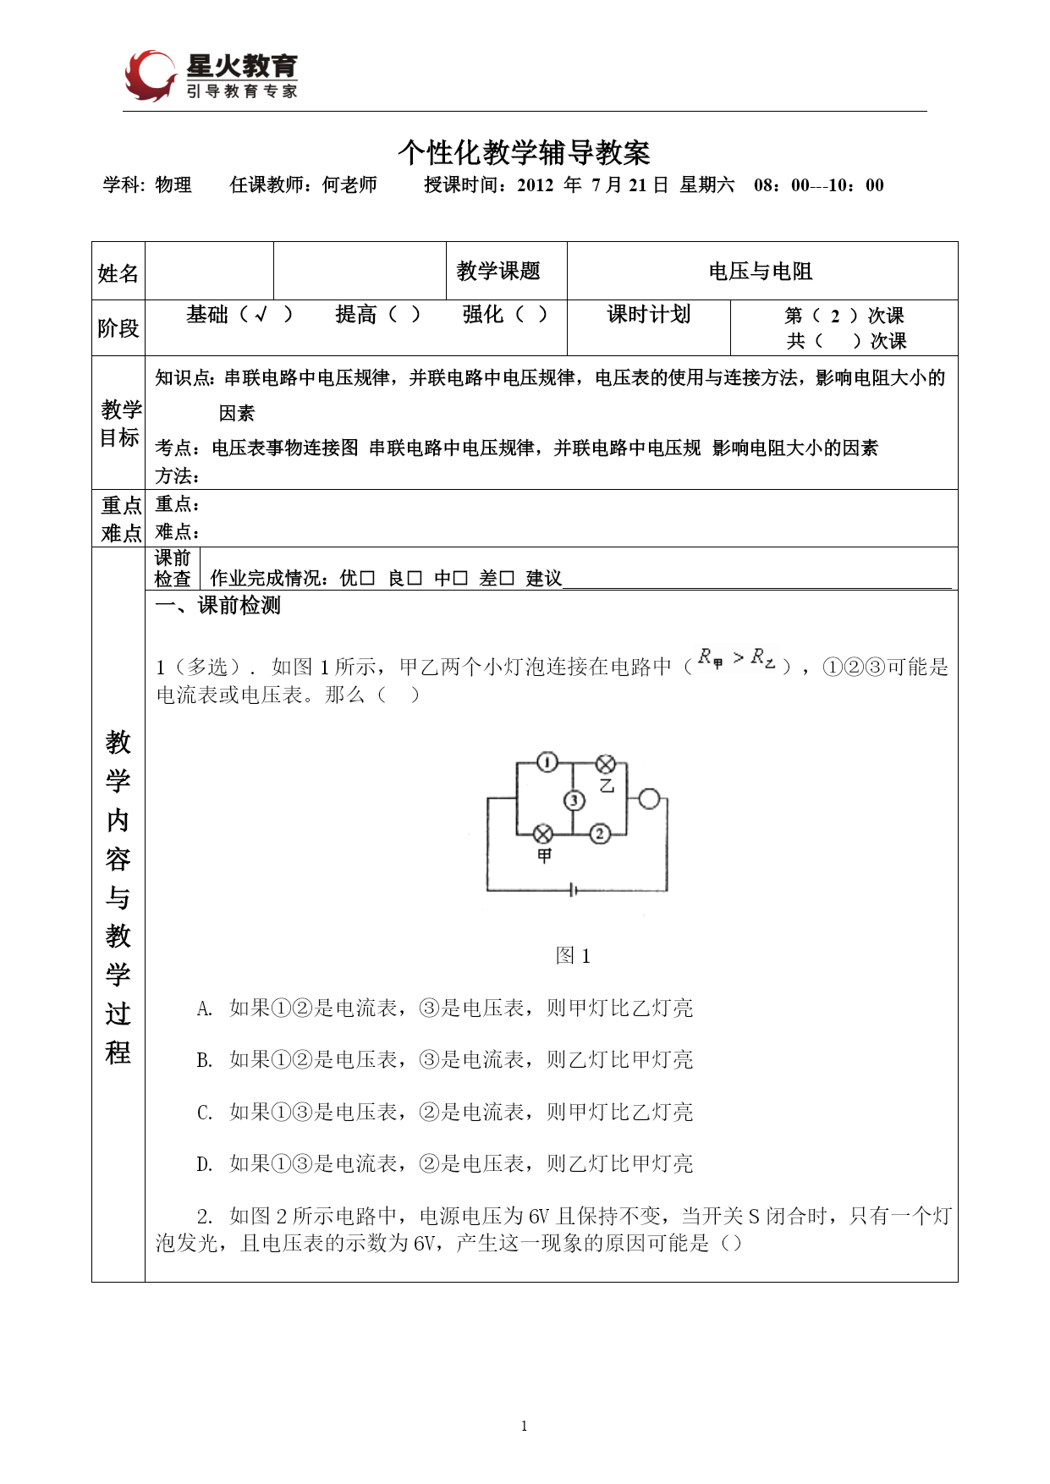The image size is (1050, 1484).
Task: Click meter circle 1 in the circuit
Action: click(547, 762)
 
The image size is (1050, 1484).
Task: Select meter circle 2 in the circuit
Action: click(600, 834)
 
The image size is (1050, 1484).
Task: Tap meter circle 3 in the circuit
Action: click(574, 800)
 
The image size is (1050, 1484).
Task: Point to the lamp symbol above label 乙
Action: click(606, 764)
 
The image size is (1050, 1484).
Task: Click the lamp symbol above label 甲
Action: click(543, 835)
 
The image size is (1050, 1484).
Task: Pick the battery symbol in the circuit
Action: click(574, 890)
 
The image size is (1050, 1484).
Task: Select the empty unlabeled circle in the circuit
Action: click(649, 799)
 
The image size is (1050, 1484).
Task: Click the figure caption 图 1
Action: click(573, 956)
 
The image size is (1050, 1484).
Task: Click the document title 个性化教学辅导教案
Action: click(524, 152)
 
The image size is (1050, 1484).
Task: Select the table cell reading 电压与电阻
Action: click(761, 272)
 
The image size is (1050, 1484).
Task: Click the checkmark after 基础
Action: click(262, 315)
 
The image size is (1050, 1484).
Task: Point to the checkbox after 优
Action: click(367, 578)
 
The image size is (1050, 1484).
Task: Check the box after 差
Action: click(507, 578)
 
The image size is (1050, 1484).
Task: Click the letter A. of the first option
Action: click(205, 1009)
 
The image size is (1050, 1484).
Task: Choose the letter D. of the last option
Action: click(205, 1164)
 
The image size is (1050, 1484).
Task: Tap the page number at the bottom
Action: click(525, 1426)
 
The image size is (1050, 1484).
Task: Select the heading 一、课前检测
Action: click(217, 606)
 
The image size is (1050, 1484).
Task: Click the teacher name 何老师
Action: click(349, 185)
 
